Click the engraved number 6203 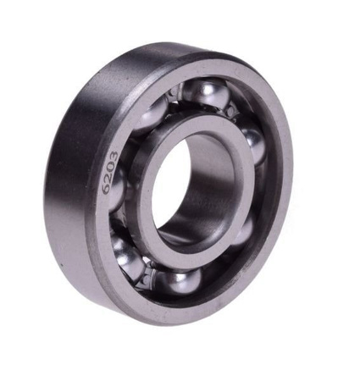pos(110,173)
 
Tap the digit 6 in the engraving pos(106,190)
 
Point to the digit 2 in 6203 pos(109,179)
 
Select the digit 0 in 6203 pos(112,168)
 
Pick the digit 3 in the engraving pos(114,156)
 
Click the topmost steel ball pos(205,94)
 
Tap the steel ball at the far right pos(253,146)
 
